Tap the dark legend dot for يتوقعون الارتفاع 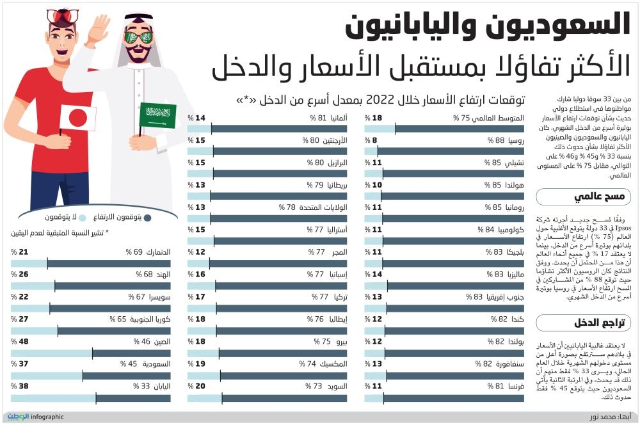coord(148,218)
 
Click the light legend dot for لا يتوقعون coord(83,218)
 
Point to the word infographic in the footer coord(47,417)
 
